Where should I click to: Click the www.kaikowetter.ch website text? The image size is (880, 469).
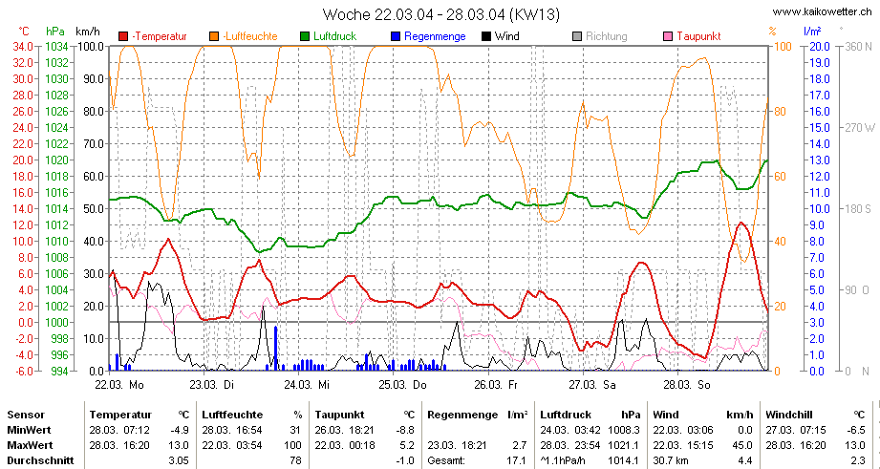point(822,11)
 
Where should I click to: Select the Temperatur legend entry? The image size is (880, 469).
point(153,36)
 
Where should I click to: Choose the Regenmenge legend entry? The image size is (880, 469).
point(428,36)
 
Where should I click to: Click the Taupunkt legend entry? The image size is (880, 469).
point(693,36)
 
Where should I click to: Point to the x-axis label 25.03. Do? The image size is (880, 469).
point(402,385)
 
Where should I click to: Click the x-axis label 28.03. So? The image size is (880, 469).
point(688,385)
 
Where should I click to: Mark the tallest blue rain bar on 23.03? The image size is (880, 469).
point(275,348)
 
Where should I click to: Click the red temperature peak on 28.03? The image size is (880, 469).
point(741,224)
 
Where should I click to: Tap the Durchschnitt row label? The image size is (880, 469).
point(40,460)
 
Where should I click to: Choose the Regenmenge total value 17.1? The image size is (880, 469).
point(518,460)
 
